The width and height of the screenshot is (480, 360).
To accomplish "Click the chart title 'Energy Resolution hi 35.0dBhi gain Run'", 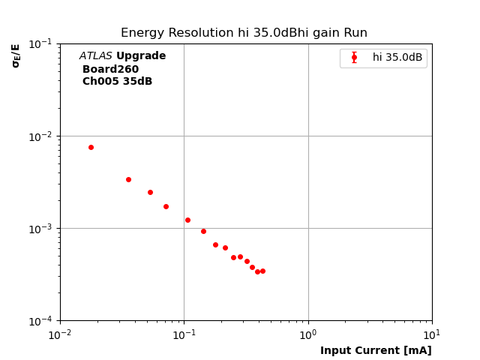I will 244,33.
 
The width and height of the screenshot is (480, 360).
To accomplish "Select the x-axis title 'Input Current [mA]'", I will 376,350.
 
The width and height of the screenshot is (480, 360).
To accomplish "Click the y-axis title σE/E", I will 16,55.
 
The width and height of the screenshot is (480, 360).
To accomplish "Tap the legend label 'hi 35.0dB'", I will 397,57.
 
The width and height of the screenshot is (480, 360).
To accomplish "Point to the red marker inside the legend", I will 354,57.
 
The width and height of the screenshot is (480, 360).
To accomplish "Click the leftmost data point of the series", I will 91,147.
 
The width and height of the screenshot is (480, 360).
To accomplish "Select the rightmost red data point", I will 262,271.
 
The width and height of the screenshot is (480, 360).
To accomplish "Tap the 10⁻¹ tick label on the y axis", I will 41,43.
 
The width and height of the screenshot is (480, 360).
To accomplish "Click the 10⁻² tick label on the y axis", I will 41,136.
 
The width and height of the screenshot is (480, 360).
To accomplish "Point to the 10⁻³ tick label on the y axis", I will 41,228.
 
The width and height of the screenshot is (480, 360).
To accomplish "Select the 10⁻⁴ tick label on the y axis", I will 41,320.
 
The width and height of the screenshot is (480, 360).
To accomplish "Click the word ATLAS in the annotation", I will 95,56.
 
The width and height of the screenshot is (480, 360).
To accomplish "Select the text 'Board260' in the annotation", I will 110,69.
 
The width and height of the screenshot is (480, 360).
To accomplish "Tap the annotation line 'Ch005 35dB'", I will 117,82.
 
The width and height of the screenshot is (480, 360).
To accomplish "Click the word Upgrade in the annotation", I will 141,56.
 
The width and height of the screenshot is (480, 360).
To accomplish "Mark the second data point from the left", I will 128,179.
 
